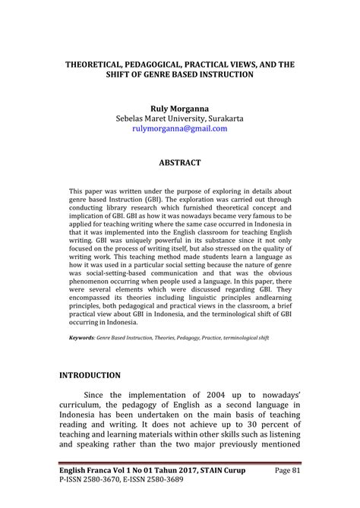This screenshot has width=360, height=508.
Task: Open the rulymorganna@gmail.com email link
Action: pos(179,129)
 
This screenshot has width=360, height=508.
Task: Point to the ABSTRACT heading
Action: pos(179,162)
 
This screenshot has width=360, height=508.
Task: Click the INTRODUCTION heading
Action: pos(90,375)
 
